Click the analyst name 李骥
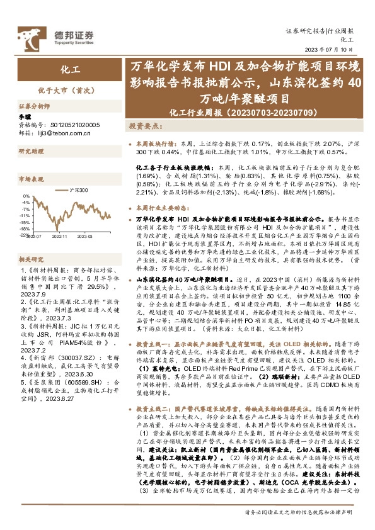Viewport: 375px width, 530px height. pyautogui.click(x=25, y=117)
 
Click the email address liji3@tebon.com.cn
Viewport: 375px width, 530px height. pyautogui.click(x=65, y=133)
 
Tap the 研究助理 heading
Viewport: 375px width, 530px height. pyautogui.click(x=30, y=152)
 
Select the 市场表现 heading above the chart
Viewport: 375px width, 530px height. pyautogui.click(x=30, y=179)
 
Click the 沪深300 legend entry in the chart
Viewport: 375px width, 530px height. pyautogui.click(x=78, y=190)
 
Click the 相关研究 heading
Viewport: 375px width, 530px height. pyautogui.click(x=30, y=259)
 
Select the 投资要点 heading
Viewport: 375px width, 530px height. pyautogui.click(x=147, y=127)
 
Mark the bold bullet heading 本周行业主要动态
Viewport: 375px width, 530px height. pyautogui.click(x=162, y=207)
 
